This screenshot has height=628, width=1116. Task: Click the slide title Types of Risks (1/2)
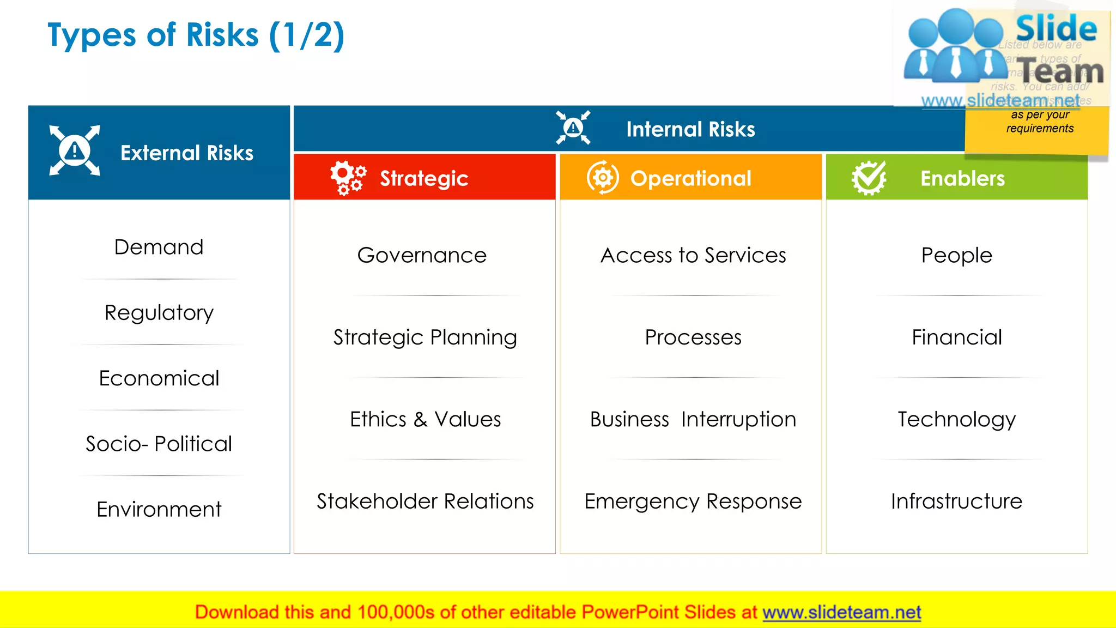coord(196,36)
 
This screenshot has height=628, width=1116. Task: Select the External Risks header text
coord(186,153)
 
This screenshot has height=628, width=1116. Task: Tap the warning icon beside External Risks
coord(75,150)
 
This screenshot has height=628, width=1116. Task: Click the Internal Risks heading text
coord(690,129)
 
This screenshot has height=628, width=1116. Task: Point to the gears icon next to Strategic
coord(348,178)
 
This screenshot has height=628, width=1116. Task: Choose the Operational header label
coord(690,178)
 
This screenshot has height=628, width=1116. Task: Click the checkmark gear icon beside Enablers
coord(869,178)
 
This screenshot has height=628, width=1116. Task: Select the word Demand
coord(159,247)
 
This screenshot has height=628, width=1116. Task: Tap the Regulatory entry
coord(159,313)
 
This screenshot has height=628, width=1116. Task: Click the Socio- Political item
coord(159,444)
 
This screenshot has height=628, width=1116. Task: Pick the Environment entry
coord(159,509)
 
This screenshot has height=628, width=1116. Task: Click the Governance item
coord(422,255)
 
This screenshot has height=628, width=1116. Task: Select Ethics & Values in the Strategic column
coord(425,419)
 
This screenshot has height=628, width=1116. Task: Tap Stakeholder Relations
coord(425,501)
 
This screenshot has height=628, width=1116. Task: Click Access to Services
coord(693,255)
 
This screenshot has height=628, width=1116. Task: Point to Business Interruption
coord(693,419)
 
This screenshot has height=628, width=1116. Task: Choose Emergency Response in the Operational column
coord(693,501)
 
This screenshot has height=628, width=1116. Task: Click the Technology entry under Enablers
coord(956,419)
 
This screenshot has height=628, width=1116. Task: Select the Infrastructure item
coord(956,501)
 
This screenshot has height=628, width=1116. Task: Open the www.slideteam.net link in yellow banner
coord(841,612)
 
